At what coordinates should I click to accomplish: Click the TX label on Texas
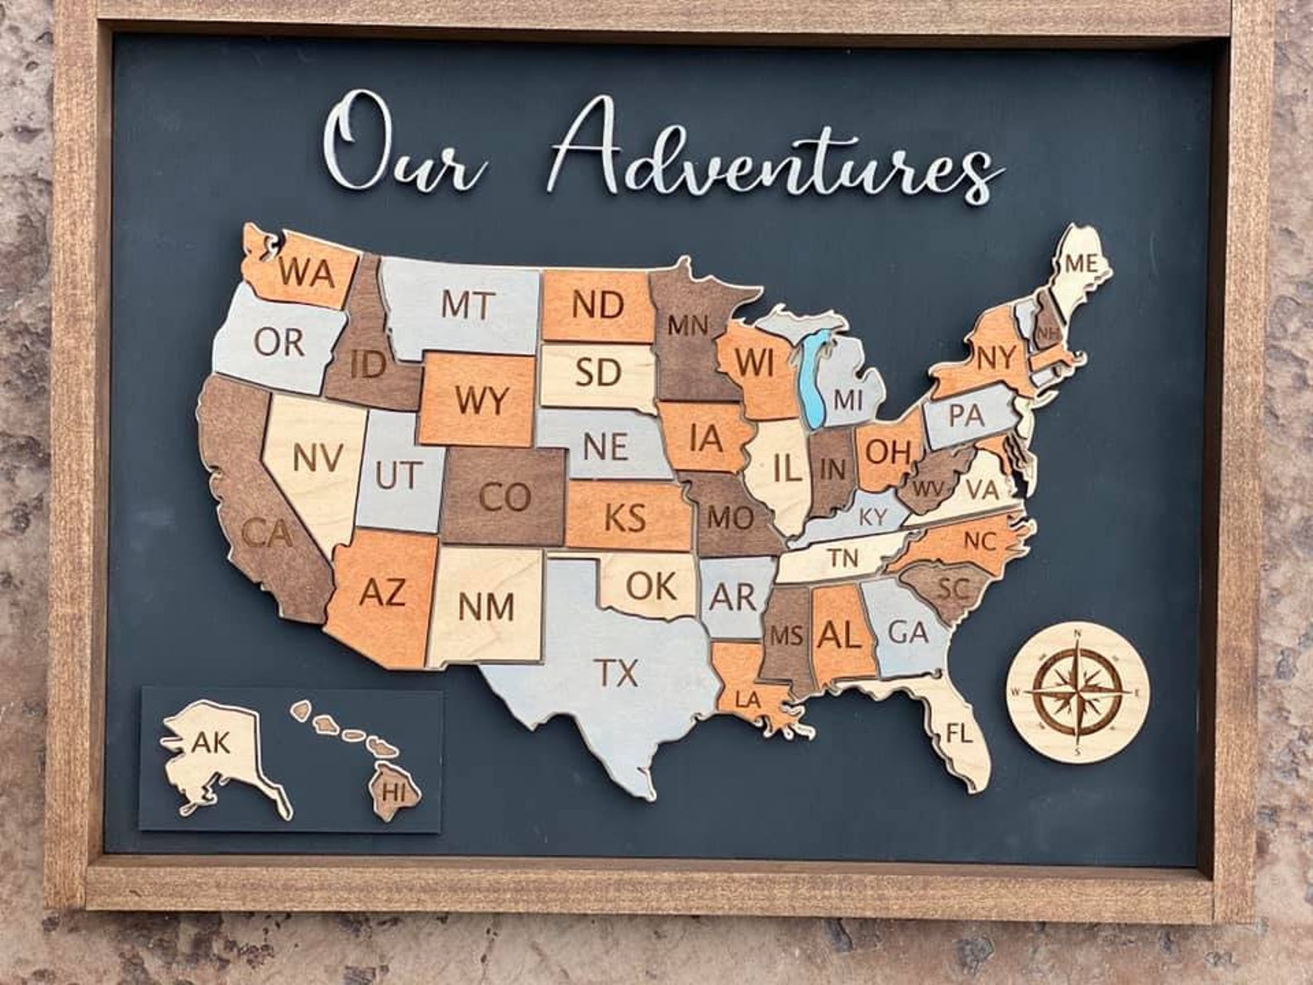618,673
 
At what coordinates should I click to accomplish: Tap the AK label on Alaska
211,742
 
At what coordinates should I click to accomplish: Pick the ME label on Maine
1081,264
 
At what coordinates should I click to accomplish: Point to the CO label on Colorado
504,498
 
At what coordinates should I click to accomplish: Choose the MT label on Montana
467,304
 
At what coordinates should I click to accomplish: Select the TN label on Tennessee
843,559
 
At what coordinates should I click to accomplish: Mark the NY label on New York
995,358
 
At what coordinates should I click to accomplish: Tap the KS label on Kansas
624,519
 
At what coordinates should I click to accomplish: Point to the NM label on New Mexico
486,606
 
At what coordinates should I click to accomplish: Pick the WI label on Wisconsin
753,361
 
